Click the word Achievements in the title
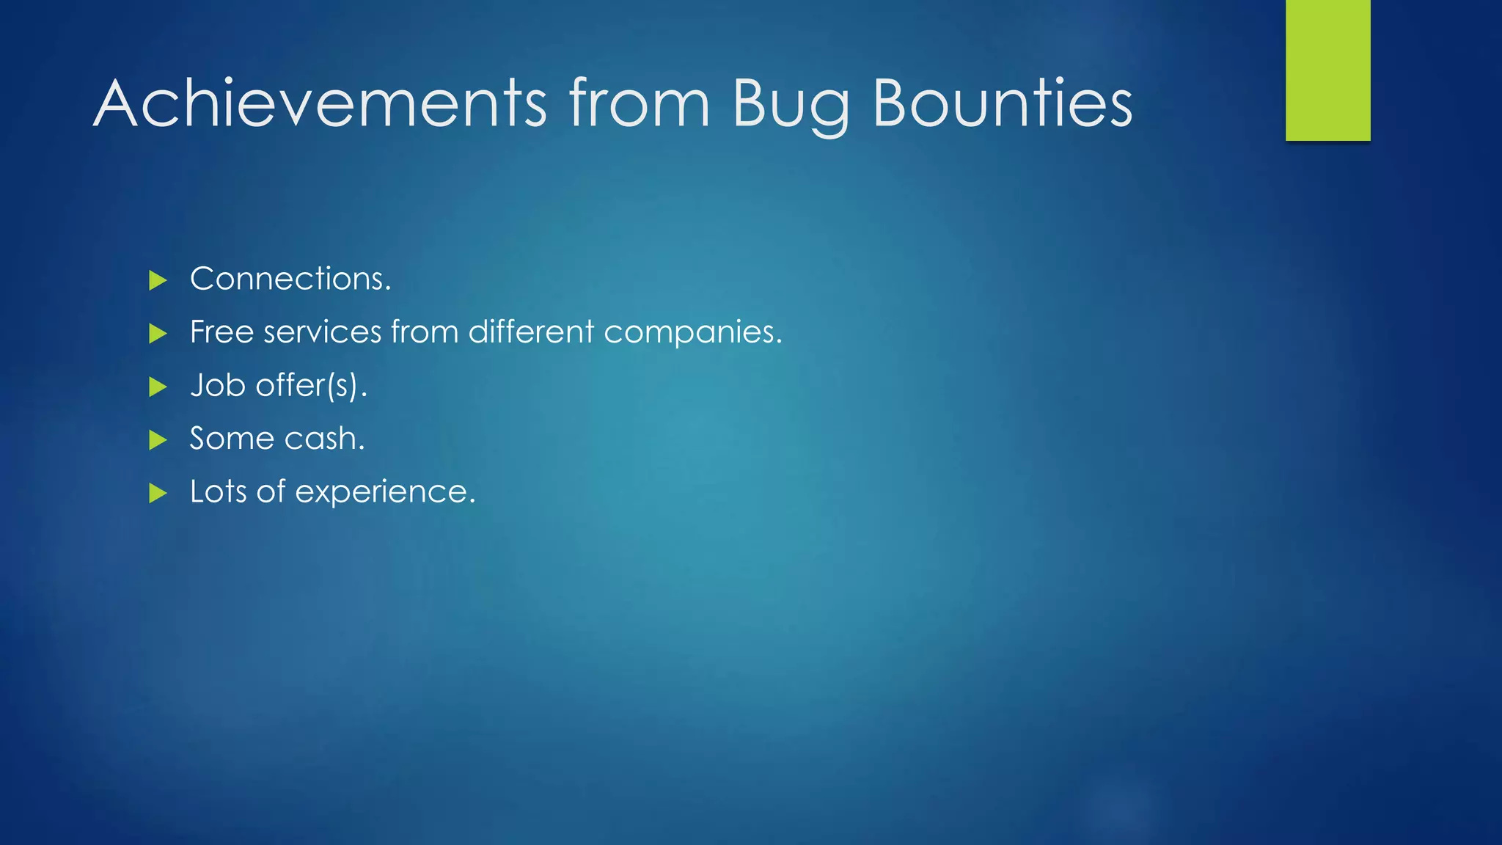(320, 104)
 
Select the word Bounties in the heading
(1002, 104)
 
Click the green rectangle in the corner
(1327, 70)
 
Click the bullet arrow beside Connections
(158, 280)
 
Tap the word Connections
(290, 279)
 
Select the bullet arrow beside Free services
(158, 334)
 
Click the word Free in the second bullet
(221, 332)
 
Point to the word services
(323, 332)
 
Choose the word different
(531, 332)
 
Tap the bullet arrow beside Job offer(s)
(158, 387)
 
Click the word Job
(217, 386)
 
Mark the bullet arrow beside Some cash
(158, 440)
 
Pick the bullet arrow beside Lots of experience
(158, 493)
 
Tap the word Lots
(218, 491)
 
